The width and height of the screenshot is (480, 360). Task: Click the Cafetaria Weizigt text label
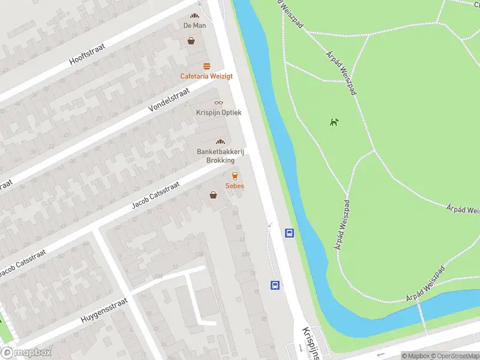tap(206, 76)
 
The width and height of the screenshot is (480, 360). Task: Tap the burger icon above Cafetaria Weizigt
tap(206, 66)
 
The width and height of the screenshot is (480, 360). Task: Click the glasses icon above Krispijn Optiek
tap(218, 103)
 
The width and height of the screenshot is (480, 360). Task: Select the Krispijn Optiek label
tap(218, 112)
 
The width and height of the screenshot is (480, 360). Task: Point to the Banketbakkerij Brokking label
tap(220, 156)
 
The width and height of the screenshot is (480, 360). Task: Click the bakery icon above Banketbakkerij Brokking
tap(220, 142)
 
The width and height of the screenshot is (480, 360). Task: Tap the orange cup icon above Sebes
tap(235, 176)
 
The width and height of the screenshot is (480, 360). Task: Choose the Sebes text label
tap(235, 186)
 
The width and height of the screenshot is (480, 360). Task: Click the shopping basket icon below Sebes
tap(213, 195)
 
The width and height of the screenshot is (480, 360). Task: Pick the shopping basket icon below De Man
tap(191, 41)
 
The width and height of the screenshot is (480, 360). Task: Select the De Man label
tap(194, 26)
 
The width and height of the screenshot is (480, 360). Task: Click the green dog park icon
tap(334, 123)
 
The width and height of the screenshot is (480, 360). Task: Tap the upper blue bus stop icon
tap(289, 233)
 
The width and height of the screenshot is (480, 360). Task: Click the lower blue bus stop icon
tap(275, 286)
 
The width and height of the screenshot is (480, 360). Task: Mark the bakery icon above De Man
tap(194, 16)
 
